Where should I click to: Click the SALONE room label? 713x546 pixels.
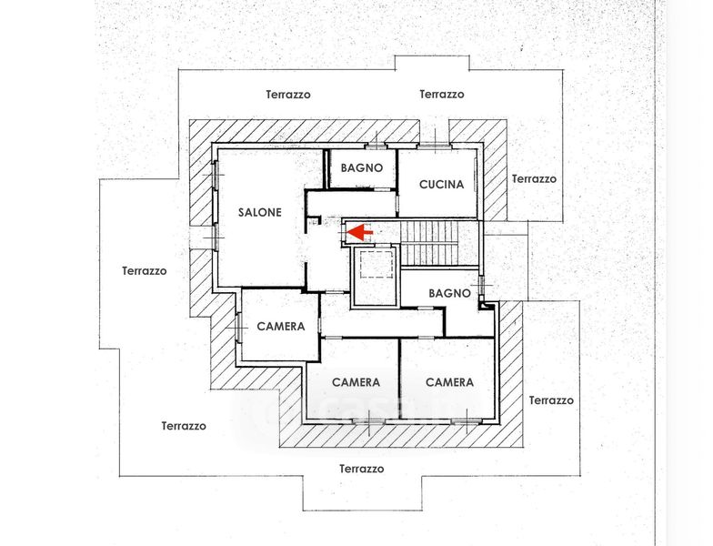[260, 212]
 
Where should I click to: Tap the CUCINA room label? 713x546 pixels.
[441, 184]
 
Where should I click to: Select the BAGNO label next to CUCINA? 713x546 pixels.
[361, 168]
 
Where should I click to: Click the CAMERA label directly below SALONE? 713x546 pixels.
[280, 327]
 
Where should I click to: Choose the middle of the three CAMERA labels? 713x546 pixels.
[356, 382]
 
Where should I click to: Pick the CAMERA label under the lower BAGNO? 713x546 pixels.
[449, 382]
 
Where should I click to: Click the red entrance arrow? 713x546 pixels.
[360, 233]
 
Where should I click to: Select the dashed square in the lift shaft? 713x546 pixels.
[373, 268]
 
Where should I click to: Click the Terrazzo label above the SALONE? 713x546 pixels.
[288, 94]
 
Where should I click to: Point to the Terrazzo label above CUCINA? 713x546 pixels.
[442, 94]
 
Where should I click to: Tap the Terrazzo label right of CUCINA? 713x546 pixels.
[534, 179]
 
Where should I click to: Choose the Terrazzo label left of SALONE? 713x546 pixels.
[145, 270]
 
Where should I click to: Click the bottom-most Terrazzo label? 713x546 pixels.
[361, 469]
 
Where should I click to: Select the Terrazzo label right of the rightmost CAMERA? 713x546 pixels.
[551, 400]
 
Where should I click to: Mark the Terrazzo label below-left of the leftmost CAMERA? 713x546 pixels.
[184, 425]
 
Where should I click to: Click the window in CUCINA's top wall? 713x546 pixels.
[435, 144]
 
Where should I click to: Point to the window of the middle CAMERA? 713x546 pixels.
[367, 421]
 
